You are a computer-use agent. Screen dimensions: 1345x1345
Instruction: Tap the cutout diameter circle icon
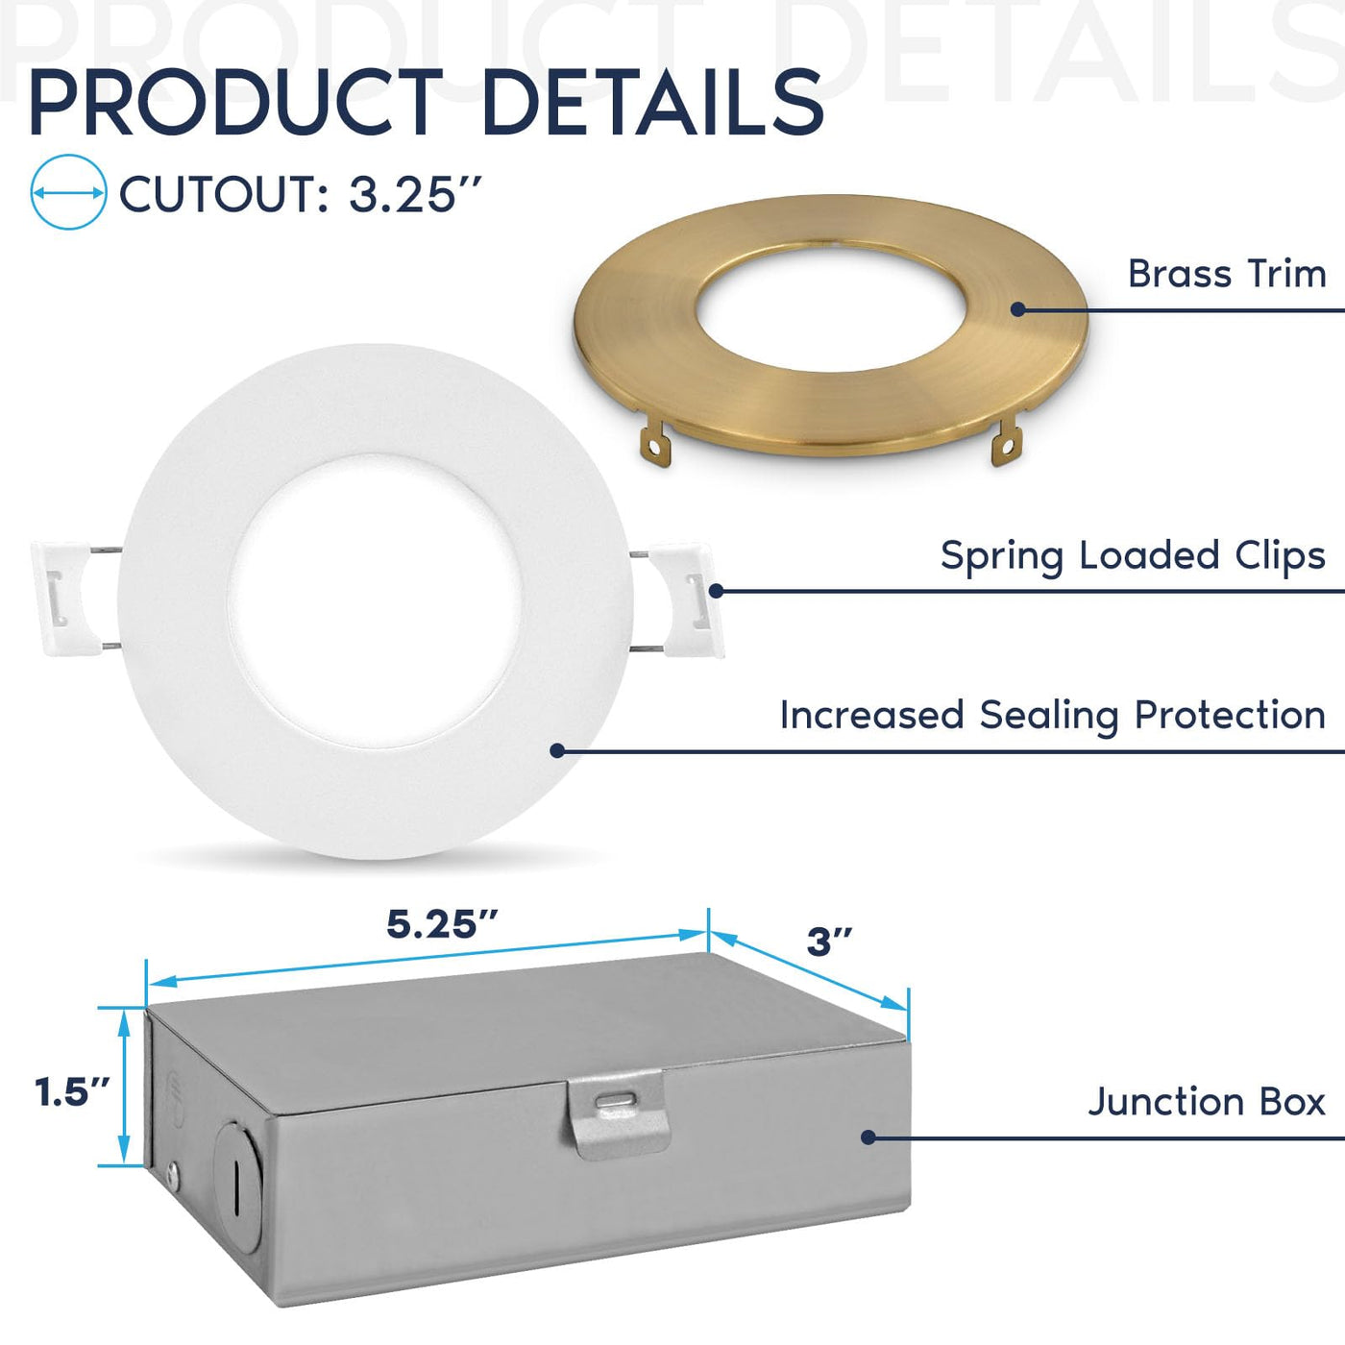coord(68,192)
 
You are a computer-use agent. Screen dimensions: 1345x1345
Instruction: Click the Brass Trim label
coord(1227,274)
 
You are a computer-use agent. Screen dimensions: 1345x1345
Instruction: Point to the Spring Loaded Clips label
coord(1133,557)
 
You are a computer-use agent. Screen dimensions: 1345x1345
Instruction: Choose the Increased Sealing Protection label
coord(1053,716)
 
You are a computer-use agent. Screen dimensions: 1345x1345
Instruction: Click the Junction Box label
coord(1207,1102)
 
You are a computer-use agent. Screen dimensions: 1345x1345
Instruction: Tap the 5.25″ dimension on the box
coord(443,925)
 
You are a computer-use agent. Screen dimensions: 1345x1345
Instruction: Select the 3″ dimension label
coord(829,941)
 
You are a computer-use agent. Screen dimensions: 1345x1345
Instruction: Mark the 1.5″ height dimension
coord(73,1092)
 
